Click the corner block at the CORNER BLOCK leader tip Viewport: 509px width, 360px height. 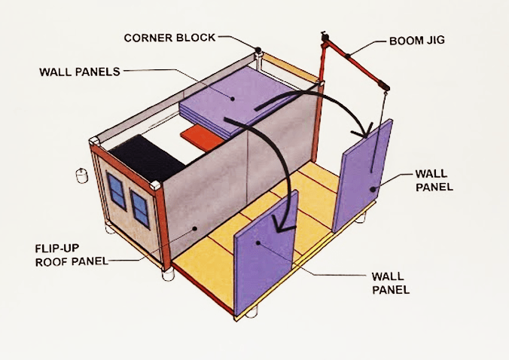click(258, 52)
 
